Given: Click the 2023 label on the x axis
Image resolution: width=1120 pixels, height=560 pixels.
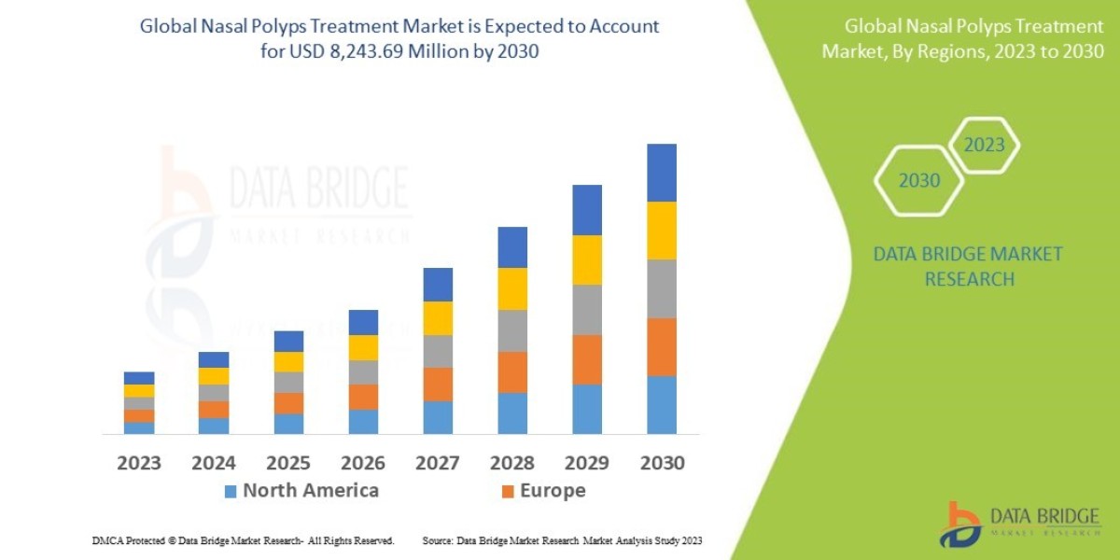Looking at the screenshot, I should (x=139, y=463).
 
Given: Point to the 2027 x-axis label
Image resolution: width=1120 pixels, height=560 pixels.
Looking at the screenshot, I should (x=438, y=463).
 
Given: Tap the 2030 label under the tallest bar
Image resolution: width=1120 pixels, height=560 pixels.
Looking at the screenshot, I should (x=662, y=463).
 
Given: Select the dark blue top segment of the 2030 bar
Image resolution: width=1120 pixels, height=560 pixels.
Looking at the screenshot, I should (x=662, y=173).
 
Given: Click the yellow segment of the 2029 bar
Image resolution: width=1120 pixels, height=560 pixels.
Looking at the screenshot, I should (x=587, y=259).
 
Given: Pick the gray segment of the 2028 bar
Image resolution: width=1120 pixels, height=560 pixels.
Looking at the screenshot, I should (x=512, y=330).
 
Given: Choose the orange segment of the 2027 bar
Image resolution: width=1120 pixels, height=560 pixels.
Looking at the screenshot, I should (x=438, y=385).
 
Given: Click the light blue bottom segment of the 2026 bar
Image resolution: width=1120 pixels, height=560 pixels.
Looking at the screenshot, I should (x=363, y=422).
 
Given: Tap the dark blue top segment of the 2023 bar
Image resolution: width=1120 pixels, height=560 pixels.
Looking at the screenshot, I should (x=139, y=378).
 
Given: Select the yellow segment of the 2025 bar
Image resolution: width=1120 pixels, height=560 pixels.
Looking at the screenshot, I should (x=288, y=362).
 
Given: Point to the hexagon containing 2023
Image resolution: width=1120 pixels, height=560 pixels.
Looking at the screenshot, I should (x=984, y=146).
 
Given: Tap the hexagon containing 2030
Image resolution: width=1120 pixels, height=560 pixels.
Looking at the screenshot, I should (x=919, y=181).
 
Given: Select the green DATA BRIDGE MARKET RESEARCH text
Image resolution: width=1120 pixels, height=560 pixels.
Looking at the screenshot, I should (x=968, y=266).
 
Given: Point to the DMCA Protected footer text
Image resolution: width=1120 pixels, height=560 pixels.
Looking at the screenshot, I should (x=243, y=541).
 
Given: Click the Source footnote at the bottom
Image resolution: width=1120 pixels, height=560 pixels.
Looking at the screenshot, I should (x=562, y=541).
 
